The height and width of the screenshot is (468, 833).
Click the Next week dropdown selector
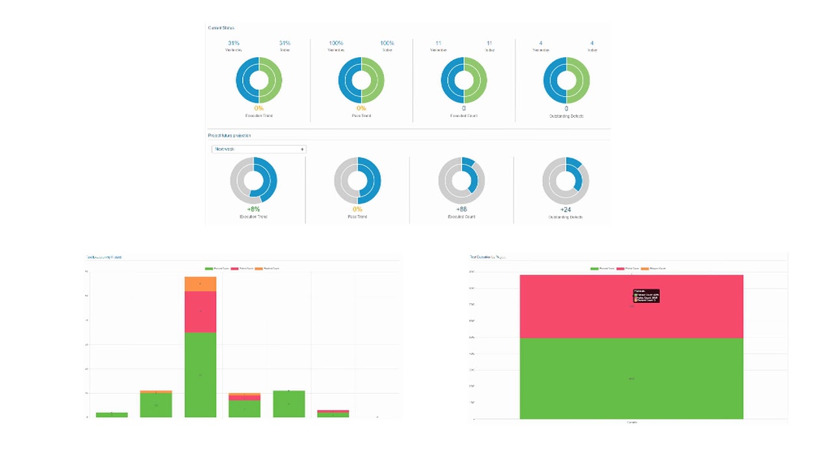click(258, 149)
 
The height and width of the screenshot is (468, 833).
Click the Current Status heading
click(221, 28)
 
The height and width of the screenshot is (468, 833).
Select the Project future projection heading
click(229, 135)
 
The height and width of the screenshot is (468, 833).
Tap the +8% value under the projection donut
click(253, 209)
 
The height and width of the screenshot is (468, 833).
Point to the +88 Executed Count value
click(461, 209)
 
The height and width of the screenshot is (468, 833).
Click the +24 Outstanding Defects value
click(566, 209)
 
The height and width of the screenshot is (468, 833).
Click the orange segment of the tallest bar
click(200, 284)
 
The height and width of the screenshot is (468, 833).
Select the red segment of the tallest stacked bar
click(200, 312)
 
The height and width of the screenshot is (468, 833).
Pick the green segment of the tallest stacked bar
click(200, 374)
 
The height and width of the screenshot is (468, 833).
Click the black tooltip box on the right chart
click(646, 296)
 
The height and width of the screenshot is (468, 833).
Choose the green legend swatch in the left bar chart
click(209, 268)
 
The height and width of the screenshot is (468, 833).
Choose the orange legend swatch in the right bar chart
click(645, 268)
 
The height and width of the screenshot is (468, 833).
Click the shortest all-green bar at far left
click(112, 415)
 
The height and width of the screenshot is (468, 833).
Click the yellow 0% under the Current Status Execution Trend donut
click(259, 109)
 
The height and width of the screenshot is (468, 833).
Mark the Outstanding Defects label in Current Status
click(566, 116)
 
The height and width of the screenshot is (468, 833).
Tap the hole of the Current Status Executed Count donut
click(464, 80)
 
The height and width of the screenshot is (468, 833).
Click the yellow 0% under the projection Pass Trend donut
click(357, 209)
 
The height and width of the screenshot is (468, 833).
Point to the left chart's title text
click(104, 257)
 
